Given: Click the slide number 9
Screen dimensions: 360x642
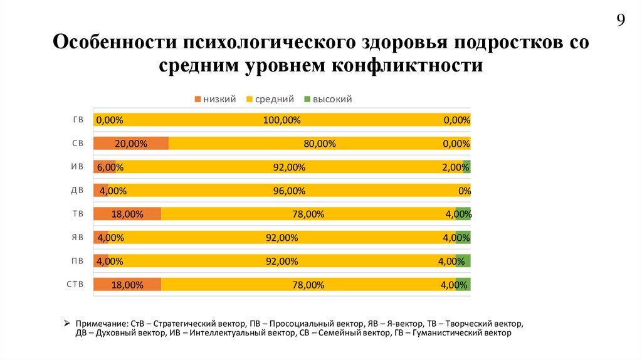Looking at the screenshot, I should point(621,21).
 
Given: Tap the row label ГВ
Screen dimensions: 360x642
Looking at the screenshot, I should point(78,120).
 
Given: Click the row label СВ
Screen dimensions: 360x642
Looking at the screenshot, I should point(78,144).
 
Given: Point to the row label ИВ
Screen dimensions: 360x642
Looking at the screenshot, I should point(78,167).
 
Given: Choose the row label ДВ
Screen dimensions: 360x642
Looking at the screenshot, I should point(78,191).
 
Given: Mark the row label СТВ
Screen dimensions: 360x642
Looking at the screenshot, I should point(75,285).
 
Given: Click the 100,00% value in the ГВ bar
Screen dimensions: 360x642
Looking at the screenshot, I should point(282,120).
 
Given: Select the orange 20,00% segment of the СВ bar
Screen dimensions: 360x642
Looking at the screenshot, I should point(131,144).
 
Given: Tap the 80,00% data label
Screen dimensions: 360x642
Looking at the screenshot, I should point(320,144).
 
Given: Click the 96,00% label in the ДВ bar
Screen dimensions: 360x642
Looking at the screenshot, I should point(289,191).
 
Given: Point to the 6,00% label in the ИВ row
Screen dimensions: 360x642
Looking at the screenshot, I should point(110,167).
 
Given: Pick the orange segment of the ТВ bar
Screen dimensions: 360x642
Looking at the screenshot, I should point(127,214).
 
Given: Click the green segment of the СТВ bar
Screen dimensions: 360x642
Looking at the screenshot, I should point(463,285).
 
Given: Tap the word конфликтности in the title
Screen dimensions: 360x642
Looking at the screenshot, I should point(413,65).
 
